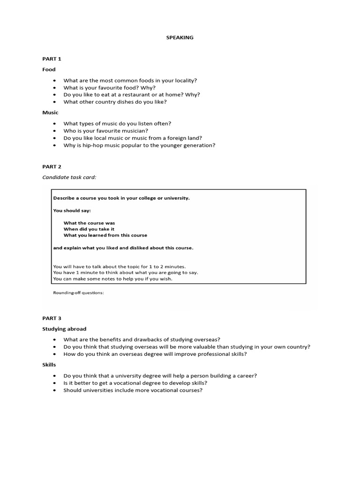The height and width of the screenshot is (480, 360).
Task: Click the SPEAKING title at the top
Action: (180, 37)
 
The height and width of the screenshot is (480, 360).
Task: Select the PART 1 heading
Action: (52, 59)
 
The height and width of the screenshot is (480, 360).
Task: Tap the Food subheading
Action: (49, 69)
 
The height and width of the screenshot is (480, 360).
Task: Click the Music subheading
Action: (50, 112)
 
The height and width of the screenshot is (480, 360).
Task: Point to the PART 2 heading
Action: (52, 166)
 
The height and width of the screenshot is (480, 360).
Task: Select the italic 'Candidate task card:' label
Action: (69, 177)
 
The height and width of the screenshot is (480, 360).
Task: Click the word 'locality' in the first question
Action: (183, 81)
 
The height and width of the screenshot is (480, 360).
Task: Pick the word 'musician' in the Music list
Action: (135, 131)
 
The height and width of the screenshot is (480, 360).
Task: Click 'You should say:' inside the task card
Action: (72, 210)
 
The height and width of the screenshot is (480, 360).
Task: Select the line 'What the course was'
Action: (89, 223)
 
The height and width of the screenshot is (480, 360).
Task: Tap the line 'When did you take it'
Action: (89, 229)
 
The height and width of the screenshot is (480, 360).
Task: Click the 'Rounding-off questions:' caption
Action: (79, 293)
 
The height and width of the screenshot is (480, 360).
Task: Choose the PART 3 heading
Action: (52, 318)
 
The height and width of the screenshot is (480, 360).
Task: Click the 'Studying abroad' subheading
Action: (64, 329)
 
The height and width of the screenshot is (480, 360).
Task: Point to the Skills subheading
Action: (49, 365)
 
